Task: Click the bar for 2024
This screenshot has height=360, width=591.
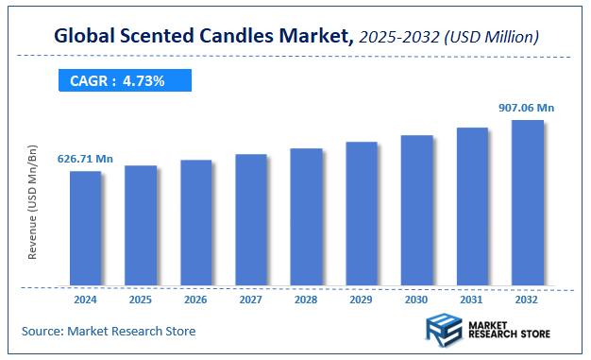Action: click(85, 228)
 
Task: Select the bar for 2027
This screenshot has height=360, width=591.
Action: click(250, 219)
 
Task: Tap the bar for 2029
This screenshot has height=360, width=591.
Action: click(361, 214)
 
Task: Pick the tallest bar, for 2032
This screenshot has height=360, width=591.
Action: click(527, 202)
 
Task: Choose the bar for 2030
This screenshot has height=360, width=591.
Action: click(416, 210)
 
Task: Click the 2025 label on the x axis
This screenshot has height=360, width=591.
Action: click(140, 299)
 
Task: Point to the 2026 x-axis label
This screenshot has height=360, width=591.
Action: click(195, 299)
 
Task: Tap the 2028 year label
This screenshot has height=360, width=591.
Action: click(306, 299)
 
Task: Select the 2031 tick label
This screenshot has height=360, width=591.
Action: click(472, 299)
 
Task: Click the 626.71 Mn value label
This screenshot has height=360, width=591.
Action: click(85, 159)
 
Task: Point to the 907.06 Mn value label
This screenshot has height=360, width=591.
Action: click(527, 108)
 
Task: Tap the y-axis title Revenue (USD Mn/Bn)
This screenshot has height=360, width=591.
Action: click(32, 203)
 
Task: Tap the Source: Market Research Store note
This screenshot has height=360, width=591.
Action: click(109, 331)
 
